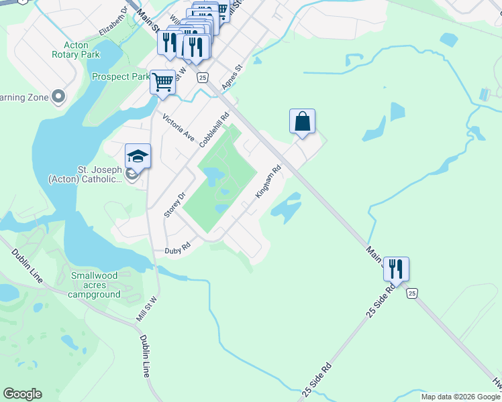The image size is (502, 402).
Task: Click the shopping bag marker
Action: click(303, 122)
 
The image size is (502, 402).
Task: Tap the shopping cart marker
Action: click(162, 82)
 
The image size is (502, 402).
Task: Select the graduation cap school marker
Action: click(138, 156)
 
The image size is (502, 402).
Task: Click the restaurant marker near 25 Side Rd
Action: click(396, 269)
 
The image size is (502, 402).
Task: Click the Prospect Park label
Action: click(121, 77)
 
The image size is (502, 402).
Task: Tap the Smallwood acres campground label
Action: click(94, 285)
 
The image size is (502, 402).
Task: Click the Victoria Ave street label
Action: click(179, 128)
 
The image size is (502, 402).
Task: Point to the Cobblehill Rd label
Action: click(214, 126)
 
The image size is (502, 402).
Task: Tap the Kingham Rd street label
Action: click(267, 183)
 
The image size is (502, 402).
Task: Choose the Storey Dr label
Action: click(174, 204)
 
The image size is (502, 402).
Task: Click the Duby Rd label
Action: click(178, 249)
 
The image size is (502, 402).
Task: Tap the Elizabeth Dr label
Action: click(112, 21)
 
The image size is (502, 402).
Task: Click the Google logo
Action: click(22, 394)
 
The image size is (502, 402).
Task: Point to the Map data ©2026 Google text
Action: click(461, 397)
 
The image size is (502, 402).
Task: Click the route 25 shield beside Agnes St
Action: click(202, 78)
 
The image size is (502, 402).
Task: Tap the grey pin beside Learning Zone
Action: click(58, 97)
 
